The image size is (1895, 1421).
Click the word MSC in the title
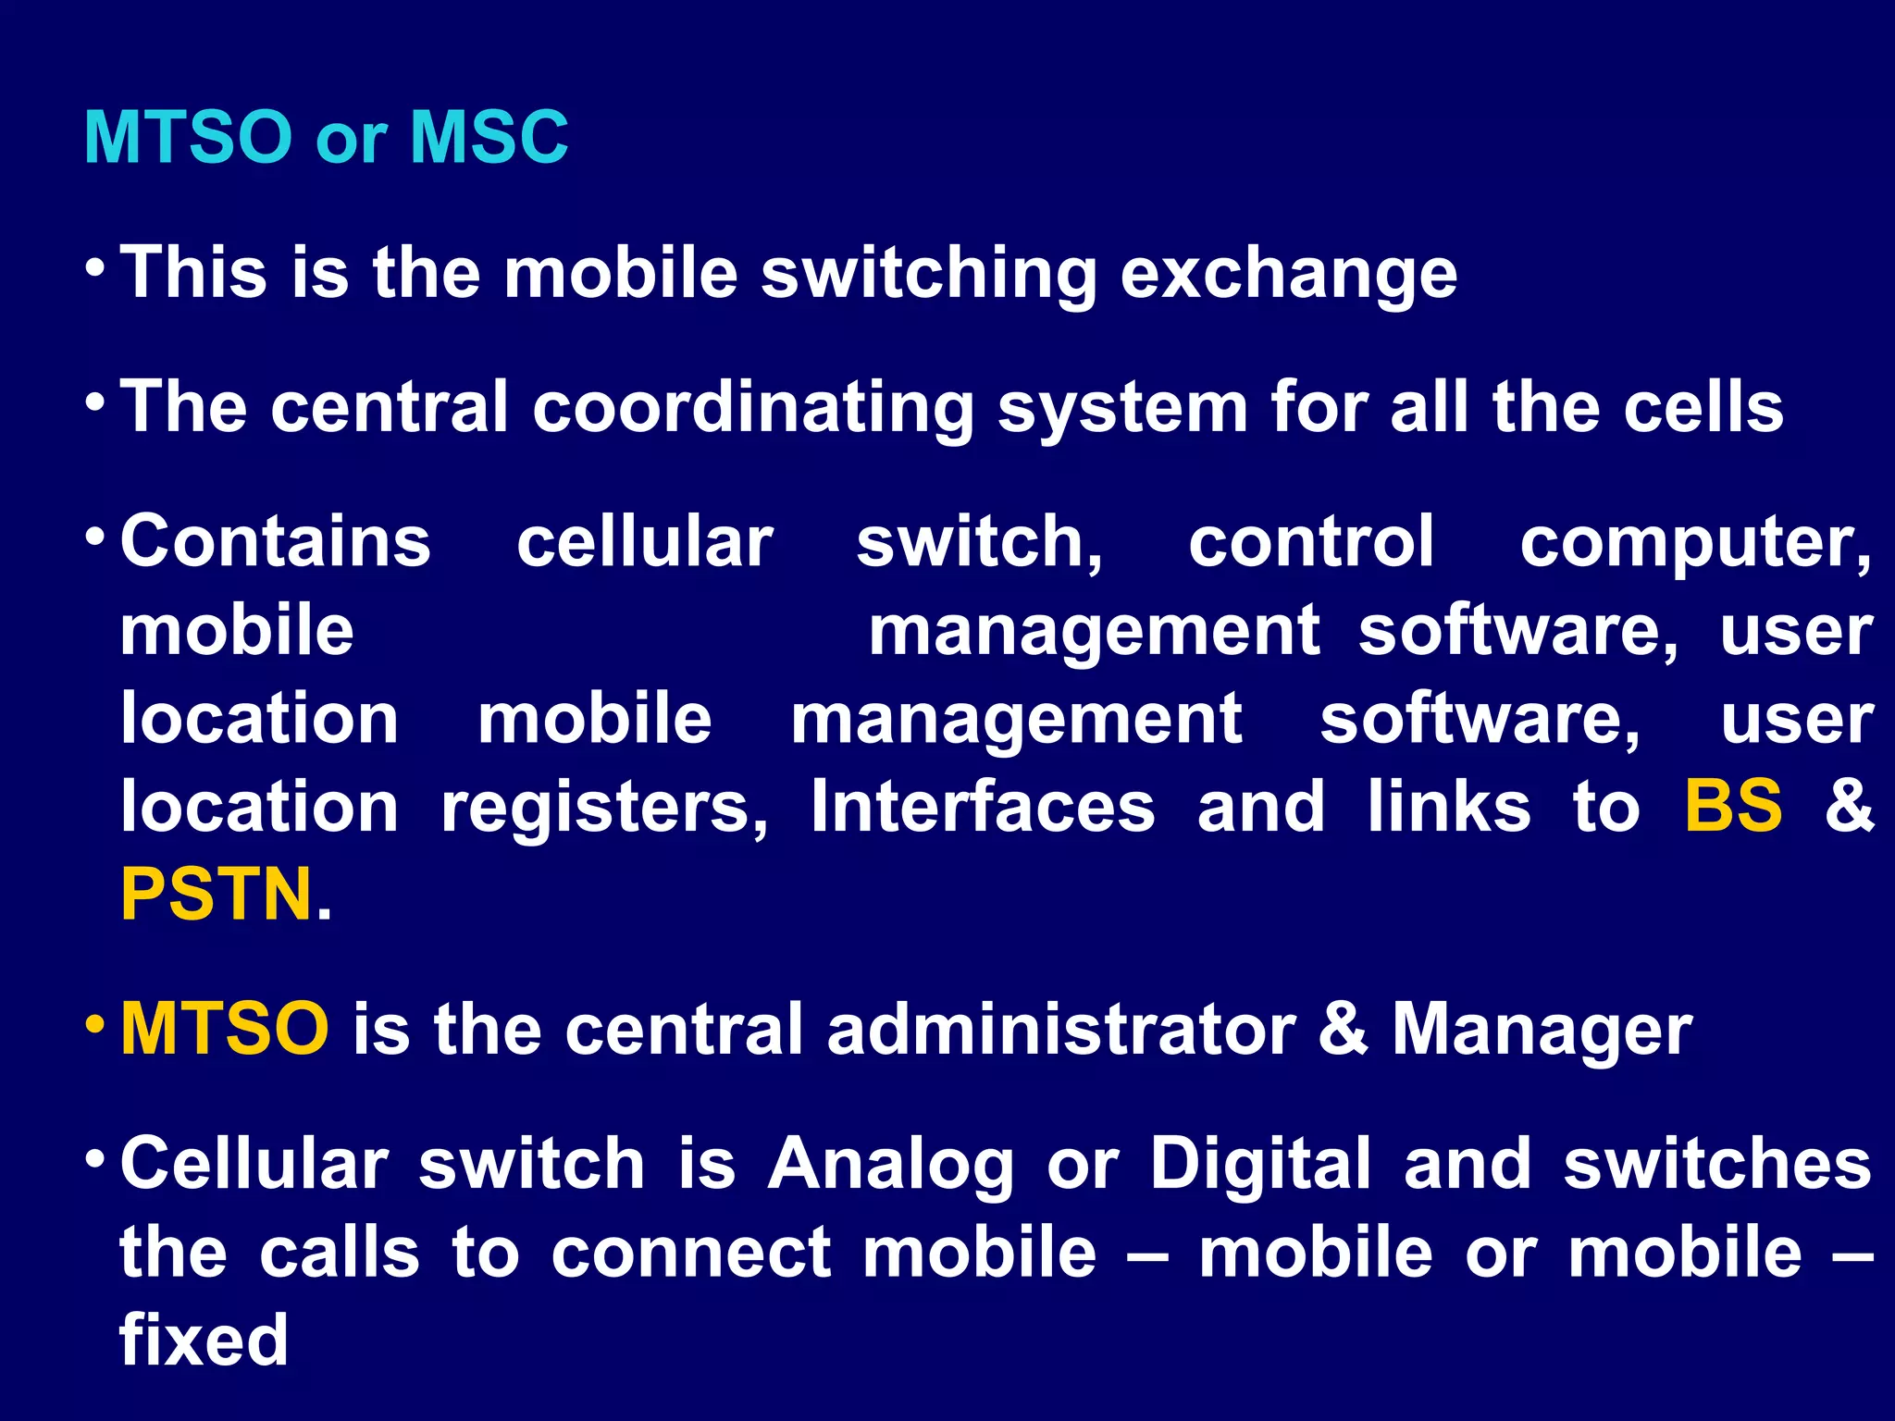489,137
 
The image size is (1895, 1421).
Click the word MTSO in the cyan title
188,137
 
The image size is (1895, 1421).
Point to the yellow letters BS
1733,805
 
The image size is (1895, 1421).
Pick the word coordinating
752,409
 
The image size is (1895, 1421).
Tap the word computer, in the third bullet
1695,544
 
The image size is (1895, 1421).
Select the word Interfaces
983,805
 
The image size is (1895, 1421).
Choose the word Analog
890,1166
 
